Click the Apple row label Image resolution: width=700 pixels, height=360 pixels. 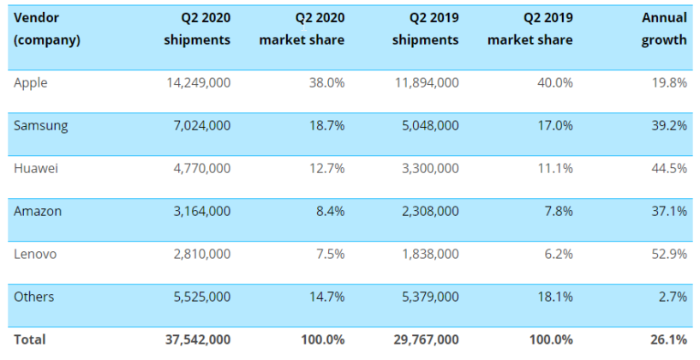31,82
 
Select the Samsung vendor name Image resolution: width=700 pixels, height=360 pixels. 40,125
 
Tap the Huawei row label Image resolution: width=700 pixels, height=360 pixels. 36,168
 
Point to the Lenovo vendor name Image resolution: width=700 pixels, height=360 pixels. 35,254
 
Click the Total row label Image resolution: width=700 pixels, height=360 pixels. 30,339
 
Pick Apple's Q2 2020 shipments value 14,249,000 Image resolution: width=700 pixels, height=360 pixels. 197,82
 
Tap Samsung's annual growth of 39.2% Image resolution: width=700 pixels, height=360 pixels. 669,125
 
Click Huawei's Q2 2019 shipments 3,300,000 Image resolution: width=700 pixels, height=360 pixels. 426,168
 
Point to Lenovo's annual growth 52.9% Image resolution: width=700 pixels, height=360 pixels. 669,254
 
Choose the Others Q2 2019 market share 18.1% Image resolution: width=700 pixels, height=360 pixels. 555,297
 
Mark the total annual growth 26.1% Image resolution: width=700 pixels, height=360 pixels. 668,339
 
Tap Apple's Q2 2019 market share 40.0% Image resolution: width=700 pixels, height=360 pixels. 554,82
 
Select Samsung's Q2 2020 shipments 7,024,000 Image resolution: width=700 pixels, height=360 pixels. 200,125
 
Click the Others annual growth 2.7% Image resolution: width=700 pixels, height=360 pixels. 673,297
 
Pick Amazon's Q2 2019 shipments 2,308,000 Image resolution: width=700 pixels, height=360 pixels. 426,211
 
